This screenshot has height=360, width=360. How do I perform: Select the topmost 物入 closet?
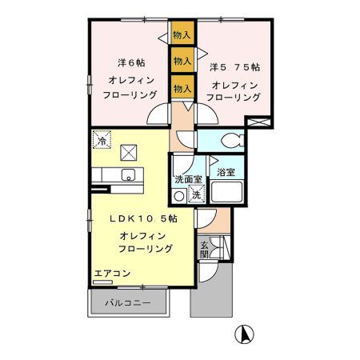pos(182,34)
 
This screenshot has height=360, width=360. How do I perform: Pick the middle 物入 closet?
pos(182,61)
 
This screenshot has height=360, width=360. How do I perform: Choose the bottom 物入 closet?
pos(182,86)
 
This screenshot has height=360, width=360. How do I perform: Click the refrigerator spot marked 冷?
pos(102,139)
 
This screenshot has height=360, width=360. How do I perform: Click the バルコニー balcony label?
pos(131,302)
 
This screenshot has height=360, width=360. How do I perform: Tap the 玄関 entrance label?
pos(205,249)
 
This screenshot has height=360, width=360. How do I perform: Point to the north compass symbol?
pos(244,334)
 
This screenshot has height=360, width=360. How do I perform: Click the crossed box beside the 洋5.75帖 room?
pos(258,122)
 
